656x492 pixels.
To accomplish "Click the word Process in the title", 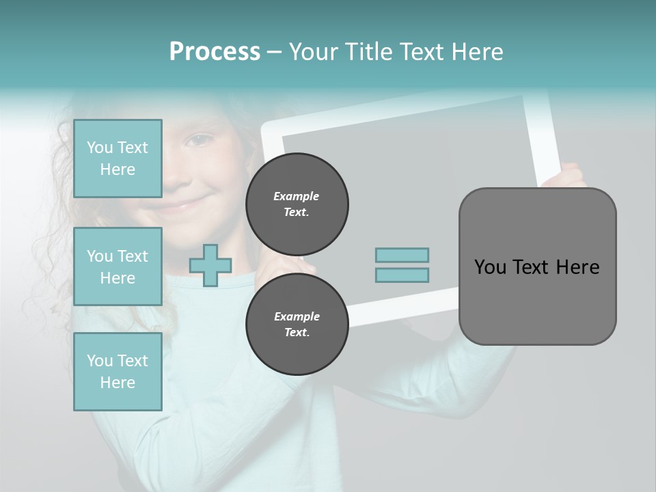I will tap(215, 52).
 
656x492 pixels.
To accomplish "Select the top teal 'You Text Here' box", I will tap(118, 159).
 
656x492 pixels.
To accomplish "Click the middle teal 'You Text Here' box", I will tap(118, 266).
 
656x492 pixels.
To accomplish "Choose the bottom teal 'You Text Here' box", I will tap(118, 372).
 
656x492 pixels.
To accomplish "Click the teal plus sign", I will tap(210, 265).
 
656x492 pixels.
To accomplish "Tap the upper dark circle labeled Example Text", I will tap(297, 204).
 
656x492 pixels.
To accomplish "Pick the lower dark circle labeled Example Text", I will tap(297, 325).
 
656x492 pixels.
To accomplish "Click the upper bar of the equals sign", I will tap(402, 256).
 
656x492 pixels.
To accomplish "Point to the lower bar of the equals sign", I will tap(402, 275).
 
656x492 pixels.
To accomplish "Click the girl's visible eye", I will tap(198, 141).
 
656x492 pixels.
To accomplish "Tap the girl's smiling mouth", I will tap(179, 204).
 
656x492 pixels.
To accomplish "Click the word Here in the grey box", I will tap(577, 267).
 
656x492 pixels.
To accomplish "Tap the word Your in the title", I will tap(314, 52).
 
